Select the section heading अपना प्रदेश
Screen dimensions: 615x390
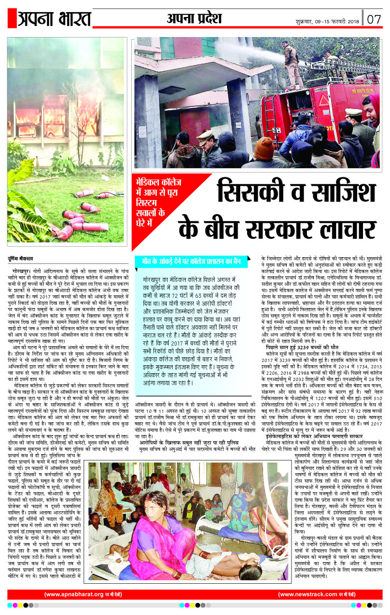[x=194, y=19]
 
